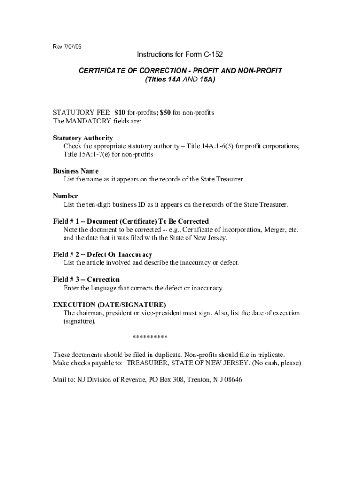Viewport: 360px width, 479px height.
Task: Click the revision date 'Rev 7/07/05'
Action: click(67, 47)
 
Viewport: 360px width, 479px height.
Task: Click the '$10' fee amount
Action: click(121, 113)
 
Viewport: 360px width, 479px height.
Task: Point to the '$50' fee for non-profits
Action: click(166, 113)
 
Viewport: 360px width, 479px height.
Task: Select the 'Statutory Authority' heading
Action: click(83, 138)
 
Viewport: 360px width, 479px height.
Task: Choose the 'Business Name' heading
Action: click(75, 171)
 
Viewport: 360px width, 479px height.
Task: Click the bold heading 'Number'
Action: click(65, 196)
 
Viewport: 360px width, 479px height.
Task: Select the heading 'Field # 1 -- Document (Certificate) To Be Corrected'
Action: click(130, 221)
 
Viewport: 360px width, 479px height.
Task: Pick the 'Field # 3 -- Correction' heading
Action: click(86, 280)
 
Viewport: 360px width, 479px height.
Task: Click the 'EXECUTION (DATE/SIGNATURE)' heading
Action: click(109, 305)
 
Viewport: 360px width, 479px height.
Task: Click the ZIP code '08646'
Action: click(233, 380)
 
